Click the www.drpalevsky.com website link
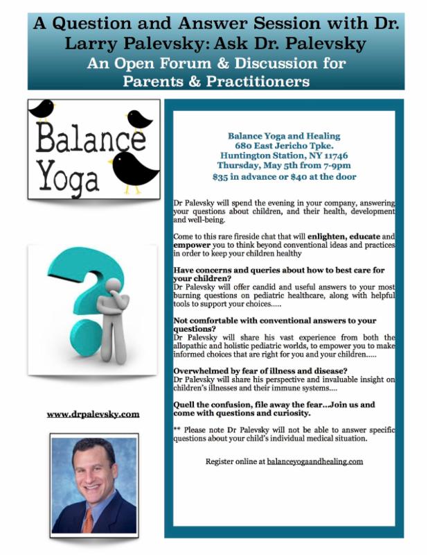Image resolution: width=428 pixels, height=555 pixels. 93,414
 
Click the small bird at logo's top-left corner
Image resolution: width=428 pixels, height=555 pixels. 42,108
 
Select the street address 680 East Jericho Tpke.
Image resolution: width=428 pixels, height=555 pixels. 284,146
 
